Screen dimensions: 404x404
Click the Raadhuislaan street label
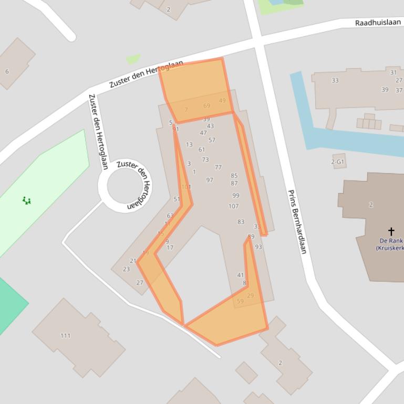pos(378,23)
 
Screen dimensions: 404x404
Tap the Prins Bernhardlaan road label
pos(296,221)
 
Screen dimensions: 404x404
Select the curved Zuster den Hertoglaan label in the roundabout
pos(134,185)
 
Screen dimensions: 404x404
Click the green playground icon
pos(26,200)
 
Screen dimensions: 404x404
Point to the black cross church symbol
pos(391,231)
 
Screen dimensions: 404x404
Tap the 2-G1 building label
pos(338,162)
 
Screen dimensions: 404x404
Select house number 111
pos(65,336)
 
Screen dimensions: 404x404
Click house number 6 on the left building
pos(7,71)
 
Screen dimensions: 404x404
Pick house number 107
pos(233,206)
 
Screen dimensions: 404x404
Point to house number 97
pos(210,180)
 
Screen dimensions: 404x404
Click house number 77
pos(218,167)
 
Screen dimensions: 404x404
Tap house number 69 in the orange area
pos(206,106)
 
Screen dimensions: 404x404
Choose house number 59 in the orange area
pos(240,301)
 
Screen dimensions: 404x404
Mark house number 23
pos(126,269)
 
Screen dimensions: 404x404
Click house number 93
pos(258,247)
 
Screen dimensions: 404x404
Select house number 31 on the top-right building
pos(393,72)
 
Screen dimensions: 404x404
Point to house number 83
pos(241,222)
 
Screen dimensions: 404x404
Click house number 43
pos(210,126)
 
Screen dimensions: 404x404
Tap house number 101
pos(186,187)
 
